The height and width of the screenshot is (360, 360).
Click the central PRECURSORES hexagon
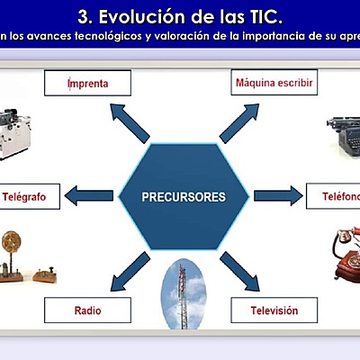(x=184, y=195)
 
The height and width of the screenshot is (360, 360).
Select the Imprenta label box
(x=88, y=84)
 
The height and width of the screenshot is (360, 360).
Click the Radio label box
(x=88, y=310)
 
